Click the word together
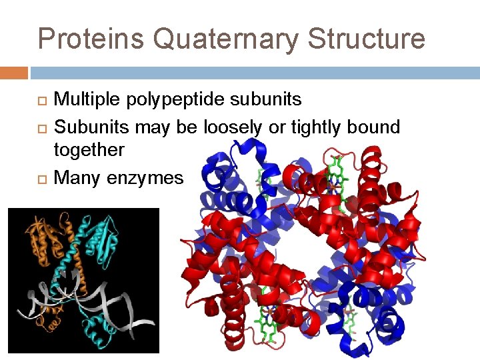[89, 150]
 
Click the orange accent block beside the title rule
[14, 72]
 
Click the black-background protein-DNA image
[83, 280]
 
